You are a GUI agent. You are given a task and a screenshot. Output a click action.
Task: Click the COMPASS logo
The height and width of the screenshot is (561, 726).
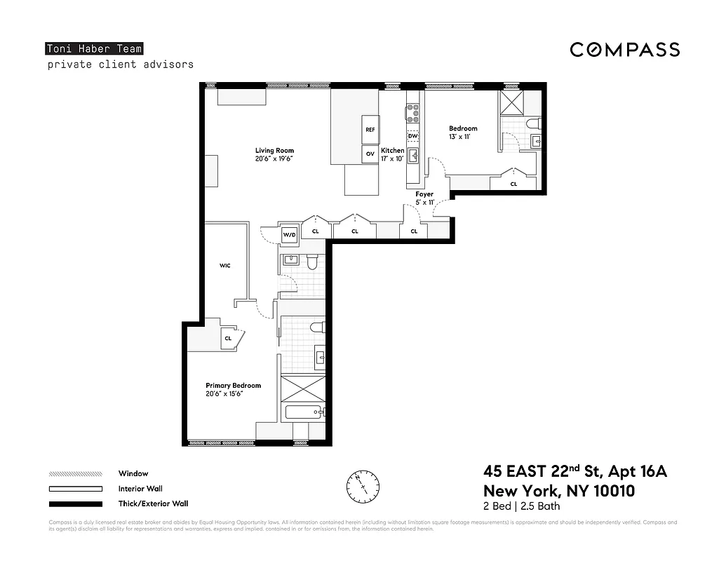click(624, 50)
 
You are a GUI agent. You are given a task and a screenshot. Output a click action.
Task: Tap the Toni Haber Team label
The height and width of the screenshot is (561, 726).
click(94, 49)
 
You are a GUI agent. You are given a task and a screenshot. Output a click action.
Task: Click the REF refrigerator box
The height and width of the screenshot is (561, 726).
click(370, 130)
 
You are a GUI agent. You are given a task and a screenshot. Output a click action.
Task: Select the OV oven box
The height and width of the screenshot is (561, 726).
click(370, 154)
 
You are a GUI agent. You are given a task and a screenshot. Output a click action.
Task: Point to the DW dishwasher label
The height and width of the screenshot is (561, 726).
click(412, 136)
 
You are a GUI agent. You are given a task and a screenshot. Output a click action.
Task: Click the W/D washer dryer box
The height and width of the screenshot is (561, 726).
click(289, 235)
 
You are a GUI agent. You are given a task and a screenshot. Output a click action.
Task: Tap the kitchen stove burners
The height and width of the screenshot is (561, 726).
click(412, 113)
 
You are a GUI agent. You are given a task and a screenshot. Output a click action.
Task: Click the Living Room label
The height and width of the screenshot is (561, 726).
click(274, 150)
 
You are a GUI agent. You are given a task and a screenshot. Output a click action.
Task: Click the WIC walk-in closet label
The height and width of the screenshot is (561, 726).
click(225, 266)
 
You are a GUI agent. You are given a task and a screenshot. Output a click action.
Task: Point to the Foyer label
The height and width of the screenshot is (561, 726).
click(424, 194)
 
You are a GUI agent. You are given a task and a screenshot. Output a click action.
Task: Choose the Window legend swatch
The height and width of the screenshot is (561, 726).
click(75, 474)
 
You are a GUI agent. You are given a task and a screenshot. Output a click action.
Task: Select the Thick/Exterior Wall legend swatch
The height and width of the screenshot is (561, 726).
click(75, 503)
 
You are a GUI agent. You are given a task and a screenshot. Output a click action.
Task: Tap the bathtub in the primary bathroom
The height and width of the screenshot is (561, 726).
click(303, 413)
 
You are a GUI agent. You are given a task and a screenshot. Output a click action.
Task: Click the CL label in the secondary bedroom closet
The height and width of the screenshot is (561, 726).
click(513, 184)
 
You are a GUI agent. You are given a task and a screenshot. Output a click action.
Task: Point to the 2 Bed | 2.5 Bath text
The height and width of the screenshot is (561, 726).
click(522, 506)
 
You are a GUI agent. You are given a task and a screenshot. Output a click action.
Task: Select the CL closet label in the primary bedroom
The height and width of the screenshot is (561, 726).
click(228, 338)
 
